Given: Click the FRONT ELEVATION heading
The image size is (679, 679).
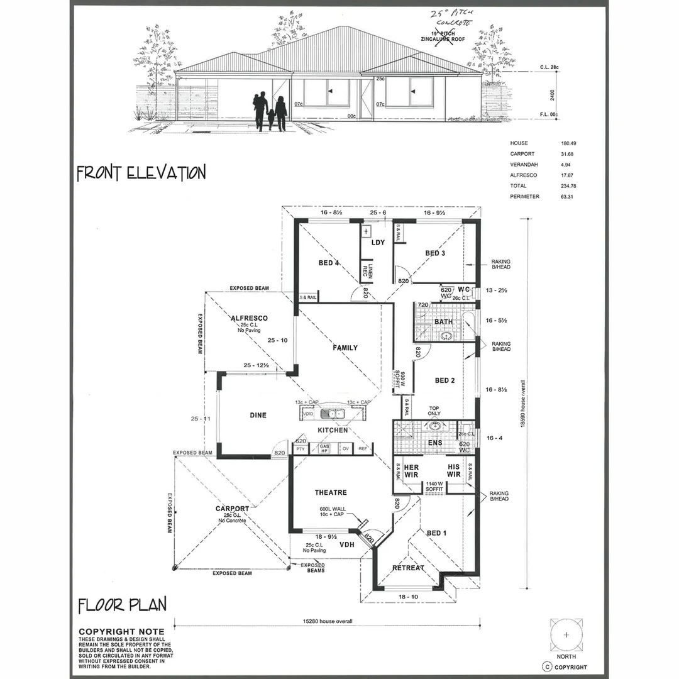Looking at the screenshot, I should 141,173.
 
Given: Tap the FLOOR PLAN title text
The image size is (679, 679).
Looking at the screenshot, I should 123,605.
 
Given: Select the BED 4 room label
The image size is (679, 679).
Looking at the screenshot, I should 329,263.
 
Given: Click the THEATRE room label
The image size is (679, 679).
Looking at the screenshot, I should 331,492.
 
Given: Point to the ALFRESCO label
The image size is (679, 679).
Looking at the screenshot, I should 249,318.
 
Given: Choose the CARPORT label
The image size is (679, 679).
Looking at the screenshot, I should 232,509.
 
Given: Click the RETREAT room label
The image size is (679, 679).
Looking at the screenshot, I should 408,568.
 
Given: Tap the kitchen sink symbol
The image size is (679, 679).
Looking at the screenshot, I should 331,414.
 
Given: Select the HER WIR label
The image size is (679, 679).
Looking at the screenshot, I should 411,471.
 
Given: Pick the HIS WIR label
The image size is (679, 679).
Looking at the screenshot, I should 454,471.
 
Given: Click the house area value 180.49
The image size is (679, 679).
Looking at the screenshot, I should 554,143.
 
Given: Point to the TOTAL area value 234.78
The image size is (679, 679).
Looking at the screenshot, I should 554,186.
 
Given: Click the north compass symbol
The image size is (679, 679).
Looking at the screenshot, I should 567,636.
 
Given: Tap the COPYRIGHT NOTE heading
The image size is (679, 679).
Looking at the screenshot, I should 121,632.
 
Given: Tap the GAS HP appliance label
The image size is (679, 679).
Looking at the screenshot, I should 324,449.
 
